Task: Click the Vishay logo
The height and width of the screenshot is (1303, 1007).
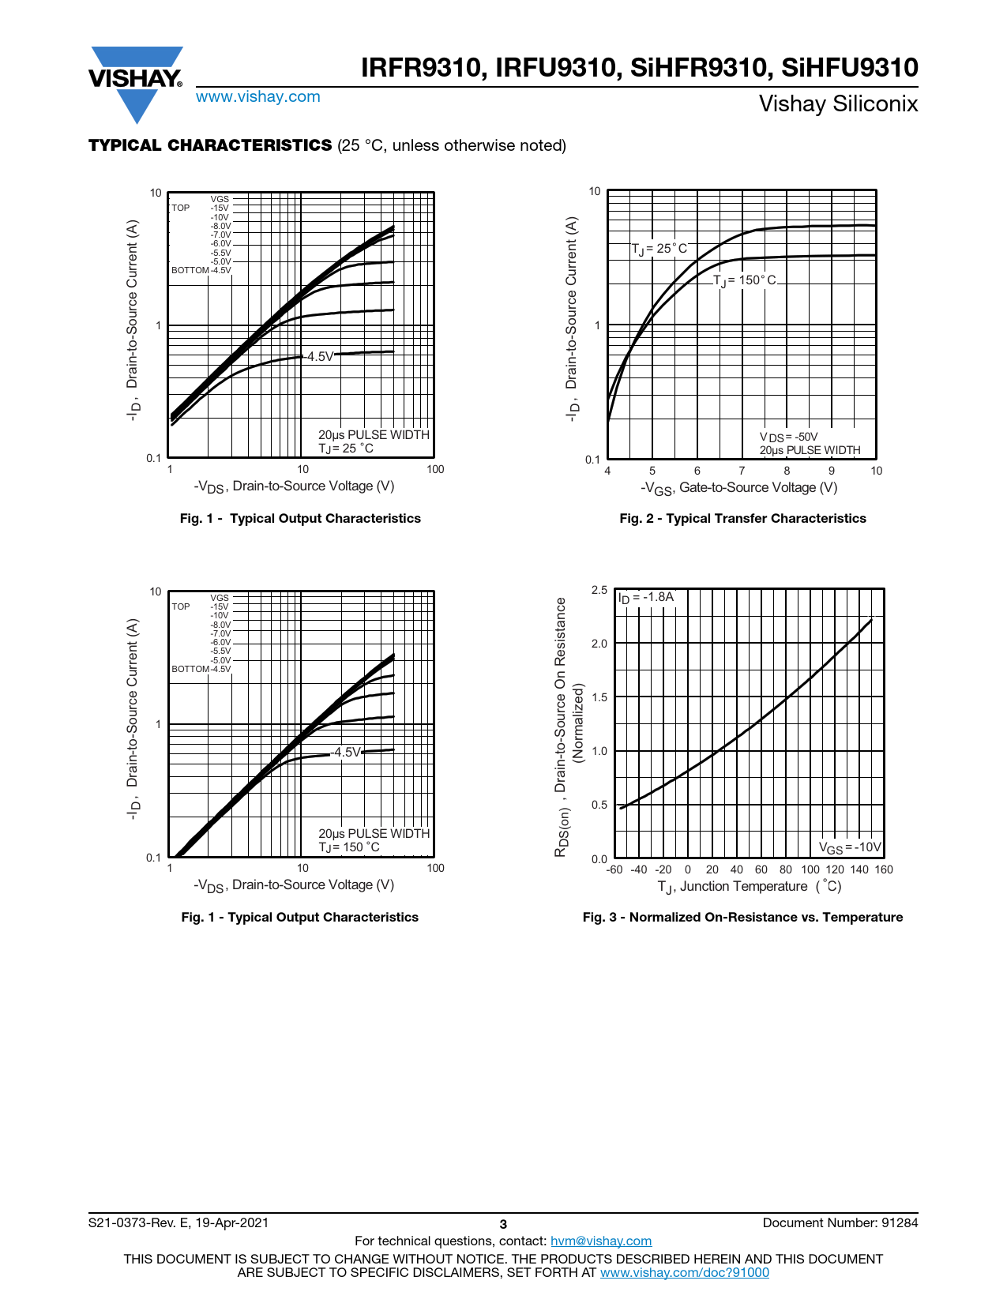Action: pos(136,83)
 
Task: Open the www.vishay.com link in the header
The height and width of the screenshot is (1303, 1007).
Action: pos(258,97)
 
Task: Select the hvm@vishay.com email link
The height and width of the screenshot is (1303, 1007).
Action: pos(600,1241)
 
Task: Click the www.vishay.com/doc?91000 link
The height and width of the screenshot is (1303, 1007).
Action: pos(684,1272)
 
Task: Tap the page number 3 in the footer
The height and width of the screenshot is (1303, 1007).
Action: pos(503,1224)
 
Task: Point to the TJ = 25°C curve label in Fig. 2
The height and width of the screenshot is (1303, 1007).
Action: pos(659,249)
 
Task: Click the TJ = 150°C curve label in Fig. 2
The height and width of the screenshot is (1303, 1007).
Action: pos(745,280)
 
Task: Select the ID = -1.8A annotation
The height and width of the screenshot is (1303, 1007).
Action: pos(646,597)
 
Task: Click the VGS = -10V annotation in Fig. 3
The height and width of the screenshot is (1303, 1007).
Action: pos(850,847)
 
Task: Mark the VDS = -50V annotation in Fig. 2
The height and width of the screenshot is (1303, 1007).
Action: pos(788,437)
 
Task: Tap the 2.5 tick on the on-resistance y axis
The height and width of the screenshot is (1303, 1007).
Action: pos(599,590)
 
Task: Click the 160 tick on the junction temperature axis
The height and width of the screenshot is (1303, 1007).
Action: pos(884,869)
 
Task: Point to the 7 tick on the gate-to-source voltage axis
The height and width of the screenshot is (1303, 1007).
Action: pos(742,471)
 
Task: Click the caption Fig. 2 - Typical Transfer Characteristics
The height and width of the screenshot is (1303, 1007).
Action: pos(742,518)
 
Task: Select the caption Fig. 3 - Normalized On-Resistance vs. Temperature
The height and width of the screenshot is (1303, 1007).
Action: pos(742,917)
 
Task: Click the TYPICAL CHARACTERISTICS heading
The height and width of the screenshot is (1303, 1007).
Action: pos(210,145)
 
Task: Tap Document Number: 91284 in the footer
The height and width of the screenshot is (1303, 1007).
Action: pos(840,1222)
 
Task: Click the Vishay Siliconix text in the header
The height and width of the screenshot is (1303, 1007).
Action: pos(838,104)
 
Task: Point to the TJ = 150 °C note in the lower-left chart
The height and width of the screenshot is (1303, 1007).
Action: pos(349,847)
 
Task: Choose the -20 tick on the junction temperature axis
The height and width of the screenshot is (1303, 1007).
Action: pos(663,869)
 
